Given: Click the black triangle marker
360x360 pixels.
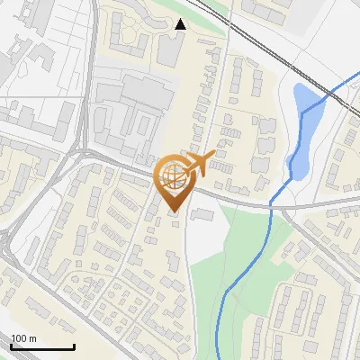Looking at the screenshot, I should point(181,24).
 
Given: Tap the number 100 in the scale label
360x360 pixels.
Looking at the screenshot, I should point(19,338).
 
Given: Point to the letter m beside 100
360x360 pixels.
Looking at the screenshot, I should point(32,338).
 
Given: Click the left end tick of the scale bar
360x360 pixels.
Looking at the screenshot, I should point(11,346).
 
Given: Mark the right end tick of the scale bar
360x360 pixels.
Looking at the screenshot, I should point(74,346).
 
